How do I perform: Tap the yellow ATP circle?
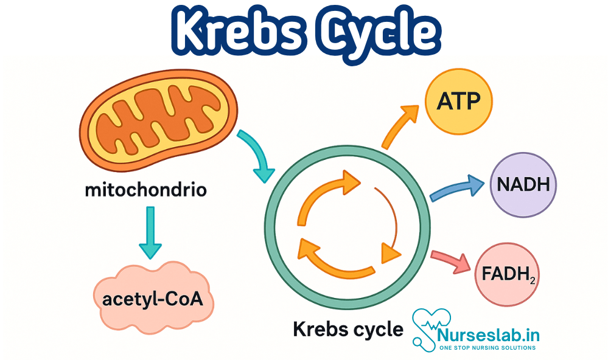point(458,101)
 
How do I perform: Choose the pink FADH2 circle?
point(508,274)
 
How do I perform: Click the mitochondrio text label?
point(146,190)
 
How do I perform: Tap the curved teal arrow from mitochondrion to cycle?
point(256,154)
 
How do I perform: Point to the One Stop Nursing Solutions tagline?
point(487,348)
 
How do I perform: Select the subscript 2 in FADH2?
point(532,281)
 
